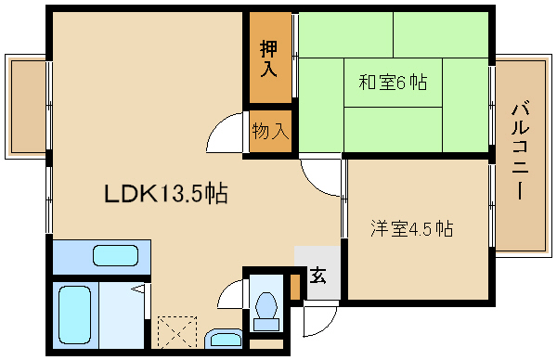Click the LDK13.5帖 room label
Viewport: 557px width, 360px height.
click(166, 193)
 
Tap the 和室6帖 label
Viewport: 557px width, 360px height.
click(393, 83)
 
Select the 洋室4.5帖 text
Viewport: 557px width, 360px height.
click(412, 228)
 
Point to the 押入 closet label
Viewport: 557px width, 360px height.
click(268, 58)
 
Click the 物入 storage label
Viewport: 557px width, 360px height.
click(270, 131)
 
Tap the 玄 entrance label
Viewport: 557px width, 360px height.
click(317, 276)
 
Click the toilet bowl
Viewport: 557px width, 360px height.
click(266, 305)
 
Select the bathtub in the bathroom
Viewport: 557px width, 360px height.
click(74, 315)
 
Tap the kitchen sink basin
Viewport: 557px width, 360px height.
click(115, 255)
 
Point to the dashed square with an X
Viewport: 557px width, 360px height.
click(177, 332)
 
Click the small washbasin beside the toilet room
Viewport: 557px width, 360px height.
click(224, 339)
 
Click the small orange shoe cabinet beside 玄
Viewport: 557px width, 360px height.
click(295, 286)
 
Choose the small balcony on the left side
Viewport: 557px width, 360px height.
click(26, 106)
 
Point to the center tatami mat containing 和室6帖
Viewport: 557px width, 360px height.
click(393, 83)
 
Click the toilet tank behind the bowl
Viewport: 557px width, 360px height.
click(266, 325)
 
